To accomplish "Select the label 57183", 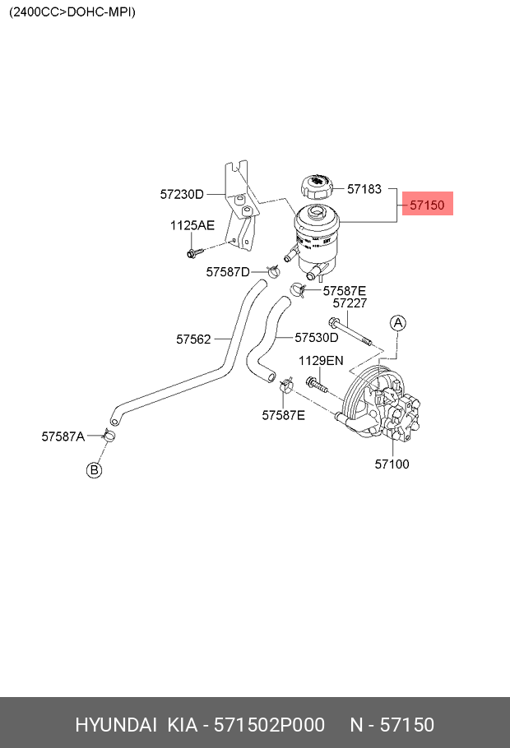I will (x=364, y=188).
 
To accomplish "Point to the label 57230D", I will (x=182, y=195).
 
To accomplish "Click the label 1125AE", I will (x=192, y=225).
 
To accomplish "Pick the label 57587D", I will (x=228, y=271).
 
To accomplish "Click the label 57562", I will (x=193, y=339).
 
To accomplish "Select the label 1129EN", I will (x=321, y=360).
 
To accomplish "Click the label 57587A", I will (x=63, y=436).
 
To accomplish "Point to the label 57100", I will (x=392, y=464).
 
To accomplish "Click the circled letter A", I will (x=397, y=323).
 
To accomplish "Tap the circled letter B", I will (x=95, y=469).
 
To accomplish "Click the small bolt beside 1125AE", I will (x=194, y=251).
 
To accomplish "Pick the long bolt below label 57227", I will (x=350, y=332).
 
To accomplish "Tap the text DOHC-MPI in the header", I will (x=102, y=12).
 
